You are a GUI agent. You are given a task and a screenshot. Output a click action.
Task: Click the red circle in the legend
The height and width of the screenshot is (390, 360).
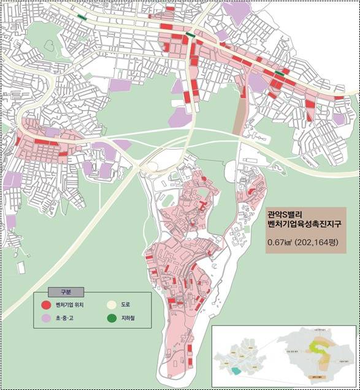click(46, 304)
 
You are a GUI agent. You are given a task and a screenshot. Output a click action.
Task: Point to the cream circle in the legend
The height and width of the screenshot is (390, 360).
click(112, 304)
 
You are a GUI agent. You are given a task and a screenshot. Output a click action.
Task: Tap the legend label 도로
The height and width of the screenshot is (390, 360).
click(126, 304)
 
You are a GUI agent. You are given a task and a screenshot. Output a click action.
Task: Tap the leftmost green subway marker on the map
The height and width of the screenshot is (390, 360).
click(82, 17)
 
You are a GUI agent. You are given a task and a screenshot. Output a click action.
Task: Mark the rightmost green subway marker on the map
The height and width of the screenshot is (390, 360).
click(280, 73)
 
